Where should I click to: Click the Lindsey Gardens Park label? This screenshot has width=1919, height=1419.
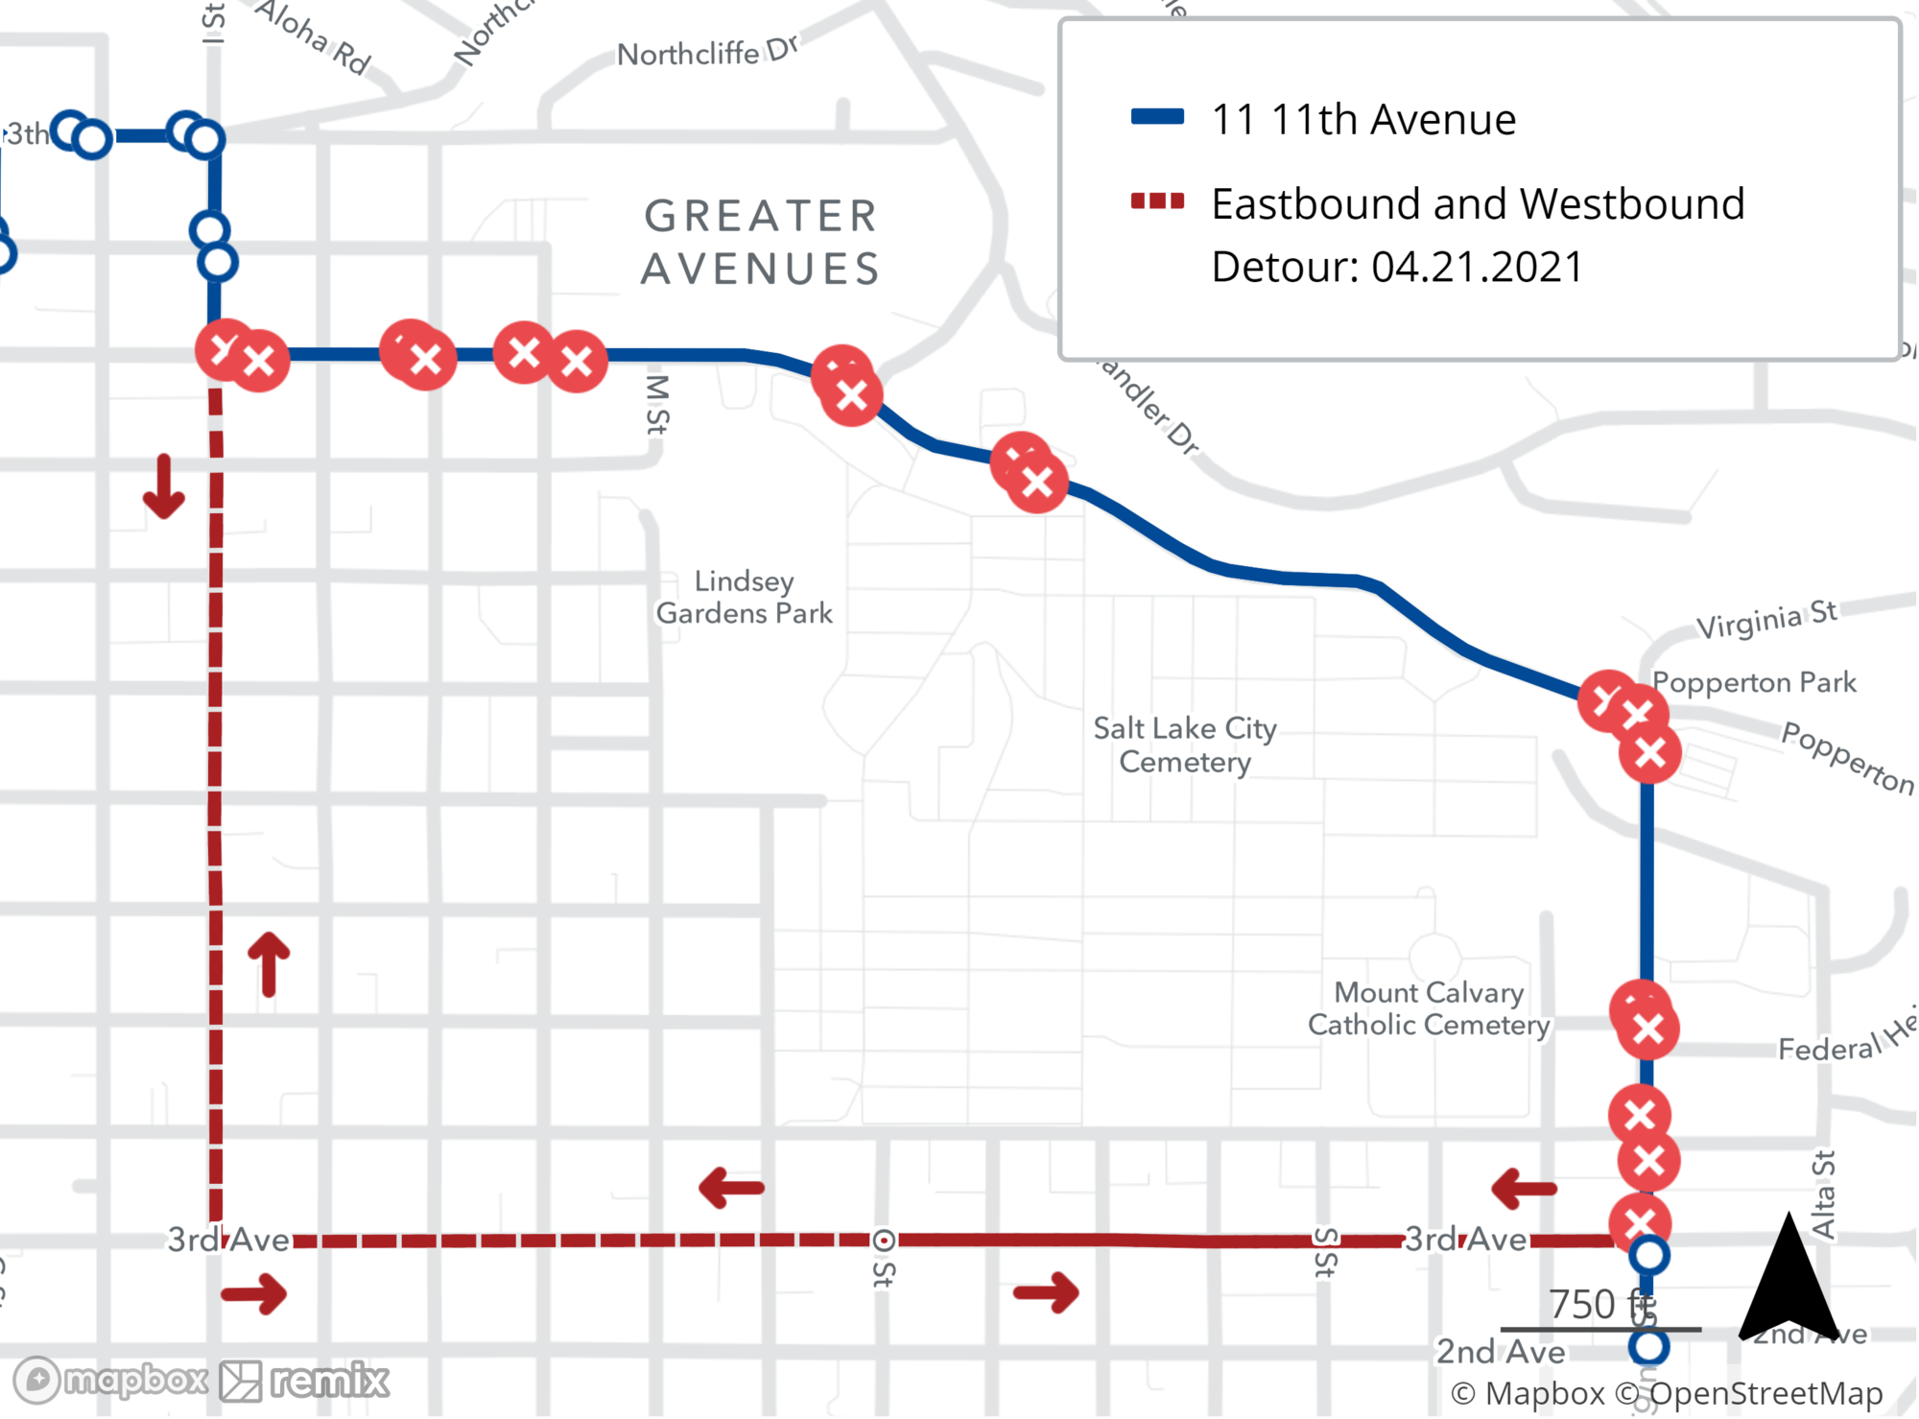pyautogui.click(x=744, y=597)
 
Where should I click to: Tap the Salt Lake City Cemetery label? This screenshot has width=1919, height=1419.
pyautogui.click(x=1185, y=745)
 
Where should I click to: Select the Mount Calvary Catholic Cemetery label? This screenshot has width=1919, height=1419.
pyautogui.click(x=1429, y=1008)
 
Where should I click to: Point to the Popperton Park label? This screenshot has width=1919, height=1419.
pyautogui.click(x=1754, y=682)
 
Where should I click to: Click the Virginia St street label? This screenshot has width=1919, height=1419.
pyautogui.click(x=1766, y=620)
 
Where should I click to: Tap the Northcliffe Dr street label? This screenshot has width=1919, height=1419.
pyautogui.click(x=707, y=52)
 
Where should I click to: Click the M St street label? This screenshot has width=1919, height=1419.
pyautogui.click(x=657, y=404)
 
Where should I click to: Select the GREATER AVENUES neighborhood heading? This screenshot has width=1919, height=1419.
pyautogui.click(x=760, y=242)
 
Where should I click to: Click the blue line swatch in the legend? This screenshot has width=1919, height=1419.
pyautogui.click(x=1157, y=118)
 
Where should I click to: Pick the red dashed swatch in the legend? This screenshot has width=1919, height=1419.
pyautogui.click(x=1157, y=201)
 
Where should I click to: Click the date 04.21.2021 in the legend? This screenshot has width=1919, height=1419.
pyautogui.click(x=1477, y=267)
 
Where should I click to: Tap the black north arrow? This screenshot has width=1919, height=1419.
pyautogui.click(x=1788, y=1276)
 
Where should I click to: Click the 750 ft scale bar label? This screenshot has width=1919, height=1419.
pyautogui.click(x=1600, y=1305)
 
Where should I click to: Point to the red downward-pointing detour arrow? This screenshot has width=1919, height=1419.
pyautogui.click(x=164, y=487)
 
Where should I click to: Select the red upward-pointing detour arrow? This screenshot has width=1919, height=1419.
pyautogui.click(x=269, y=963)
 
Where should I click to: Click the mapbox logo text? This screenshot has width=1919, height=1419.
pyautogui.click(x=134, y=1381)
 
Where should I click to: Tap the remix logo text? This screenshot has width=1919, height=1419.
pyautogui.click(x=329, y=1382)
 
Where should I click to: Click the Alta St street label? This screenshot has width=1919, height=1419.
pyautogui.click(x=1823, y=1194)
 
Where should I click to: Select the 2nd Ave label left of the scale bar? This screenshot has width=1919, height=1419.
pyautogui.click(x=1500, y=1352)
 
